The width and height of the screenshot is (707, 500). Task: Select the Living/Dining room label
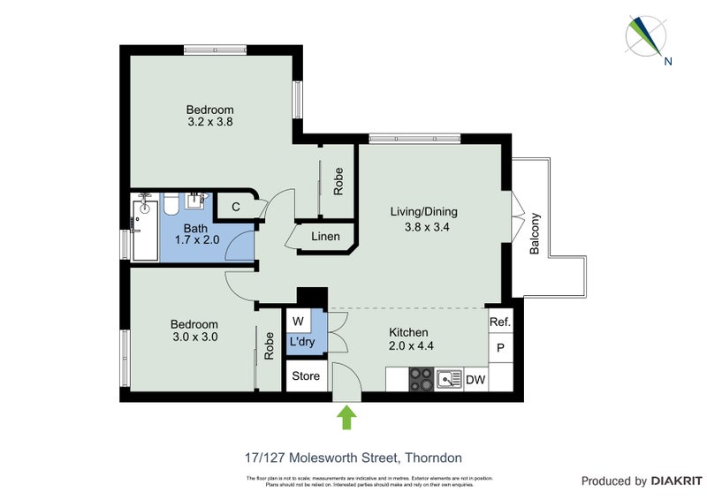pyautogui.click(x=423, y=212)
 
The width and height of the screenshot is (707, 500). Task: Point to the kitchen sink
pyautogui.click(x=451, y=379)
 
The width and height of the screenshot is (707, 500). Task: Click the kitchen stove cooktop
pyautogui.click(x=421, y=379)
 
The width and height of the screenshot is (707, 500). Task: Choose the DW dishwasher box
pyautogui.click(x=475, y=379)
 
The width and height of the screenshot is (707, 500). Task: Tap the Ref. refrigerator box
pyautogui.click(x=499, y=322)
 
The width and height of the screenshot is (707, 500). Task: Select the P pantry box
pyautogui.click(x=500, y=348)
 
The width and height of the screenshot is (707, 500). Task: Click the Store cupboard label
pyautogui.click(x=306, y=376)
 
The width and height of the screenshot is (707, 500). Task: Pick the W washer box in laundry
pyautogui.click(x=298, y=320)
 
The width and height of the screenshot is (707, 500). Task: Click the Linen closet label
pyautogui.click(x=324, y=237)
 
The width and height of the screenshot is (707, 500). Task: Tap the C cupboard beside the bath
pyautogui.click(x=235, y=207)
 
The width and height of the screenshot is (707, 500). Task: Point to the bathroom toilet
pyautogui.click(x=169, y=206)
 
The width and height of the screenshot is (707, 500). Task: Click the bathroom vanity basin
pyautogui.click(x=195, y=201)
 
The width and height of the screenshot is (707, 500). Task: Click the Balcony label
pyautogui.click(x=535, y=234)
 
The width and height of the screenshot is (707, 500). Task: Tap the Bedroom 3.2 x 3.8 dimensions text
pyautogui.click(x=209, y=123)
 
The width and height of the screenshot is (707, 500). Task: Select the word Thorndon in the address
pyautogui.click(x=433, y=458)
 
